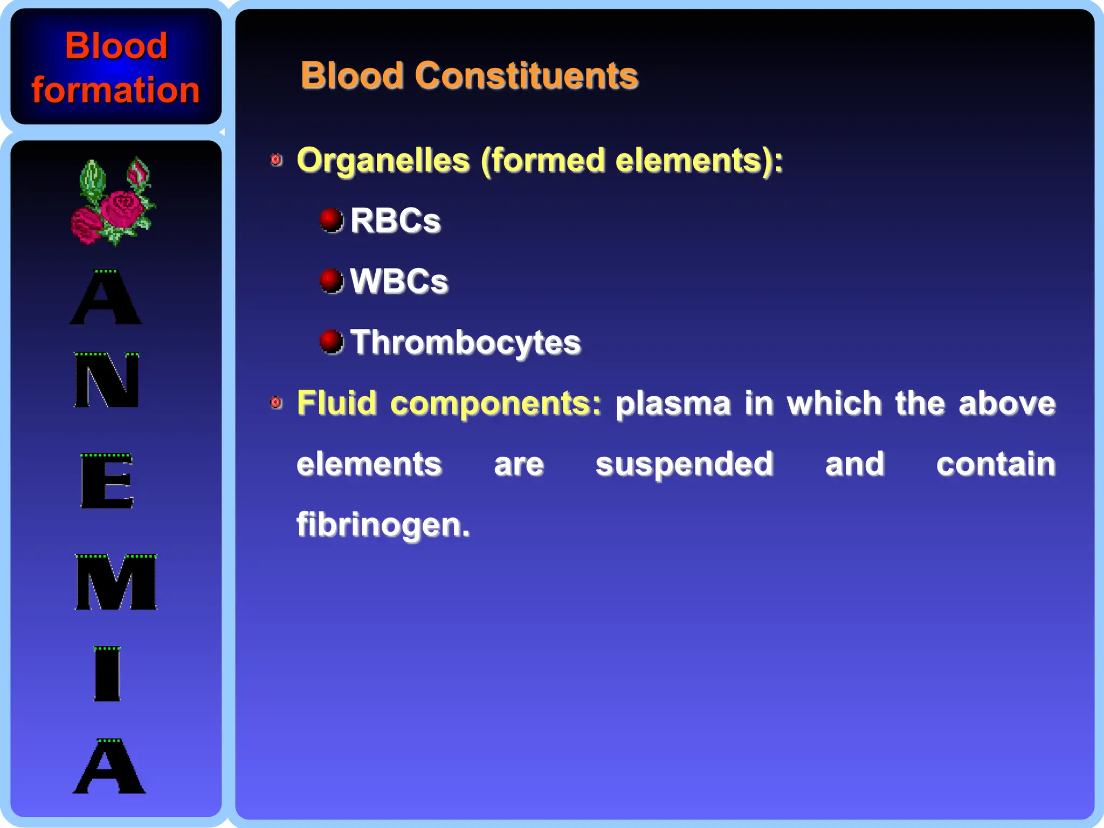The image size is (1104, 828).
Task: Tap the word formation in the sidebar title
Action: click(115, 89)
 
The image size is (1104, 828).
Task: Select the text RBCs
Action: click(395, 220)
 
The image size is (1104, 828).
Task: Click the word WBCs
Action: click(399, 281)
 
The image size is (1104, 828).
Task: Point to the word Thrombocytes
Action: click(465, 342)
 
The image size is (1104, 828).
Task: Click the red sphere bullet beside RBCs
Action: click(331, 220)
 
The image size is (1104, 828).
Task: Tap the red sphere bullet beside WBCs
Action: click(331, 280)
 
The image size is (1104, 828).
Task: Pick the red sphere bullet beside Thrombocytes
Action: click(331, 341)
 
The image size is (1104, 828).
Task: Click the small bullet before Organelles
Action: click(276, 160)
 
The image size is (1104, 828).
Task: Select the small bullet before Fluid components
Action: click(276, 403)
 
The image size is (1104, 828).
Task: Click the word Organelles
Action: click(383, 161)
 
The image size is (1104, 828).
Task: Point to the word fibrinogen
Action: click(383, 525)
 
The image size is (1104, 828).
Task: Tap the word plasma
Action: click(673, 403)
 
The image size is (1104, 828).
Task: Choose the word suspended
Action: click(684, 464)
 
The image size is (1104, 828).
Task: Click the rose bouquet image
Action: click(113, 202)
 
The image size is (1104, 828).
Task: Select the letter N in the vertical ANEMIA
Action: click(107, 380)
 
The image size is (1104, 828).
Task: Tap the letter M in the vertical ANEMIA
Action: click(116, 582)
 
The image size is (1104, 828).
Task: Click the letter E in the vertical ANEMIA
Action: click(107, 481)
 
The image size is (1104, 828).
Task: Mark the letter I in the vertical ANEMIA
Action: click(107, 674)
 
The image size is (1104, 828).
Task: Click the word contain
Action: click(995, 464)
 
